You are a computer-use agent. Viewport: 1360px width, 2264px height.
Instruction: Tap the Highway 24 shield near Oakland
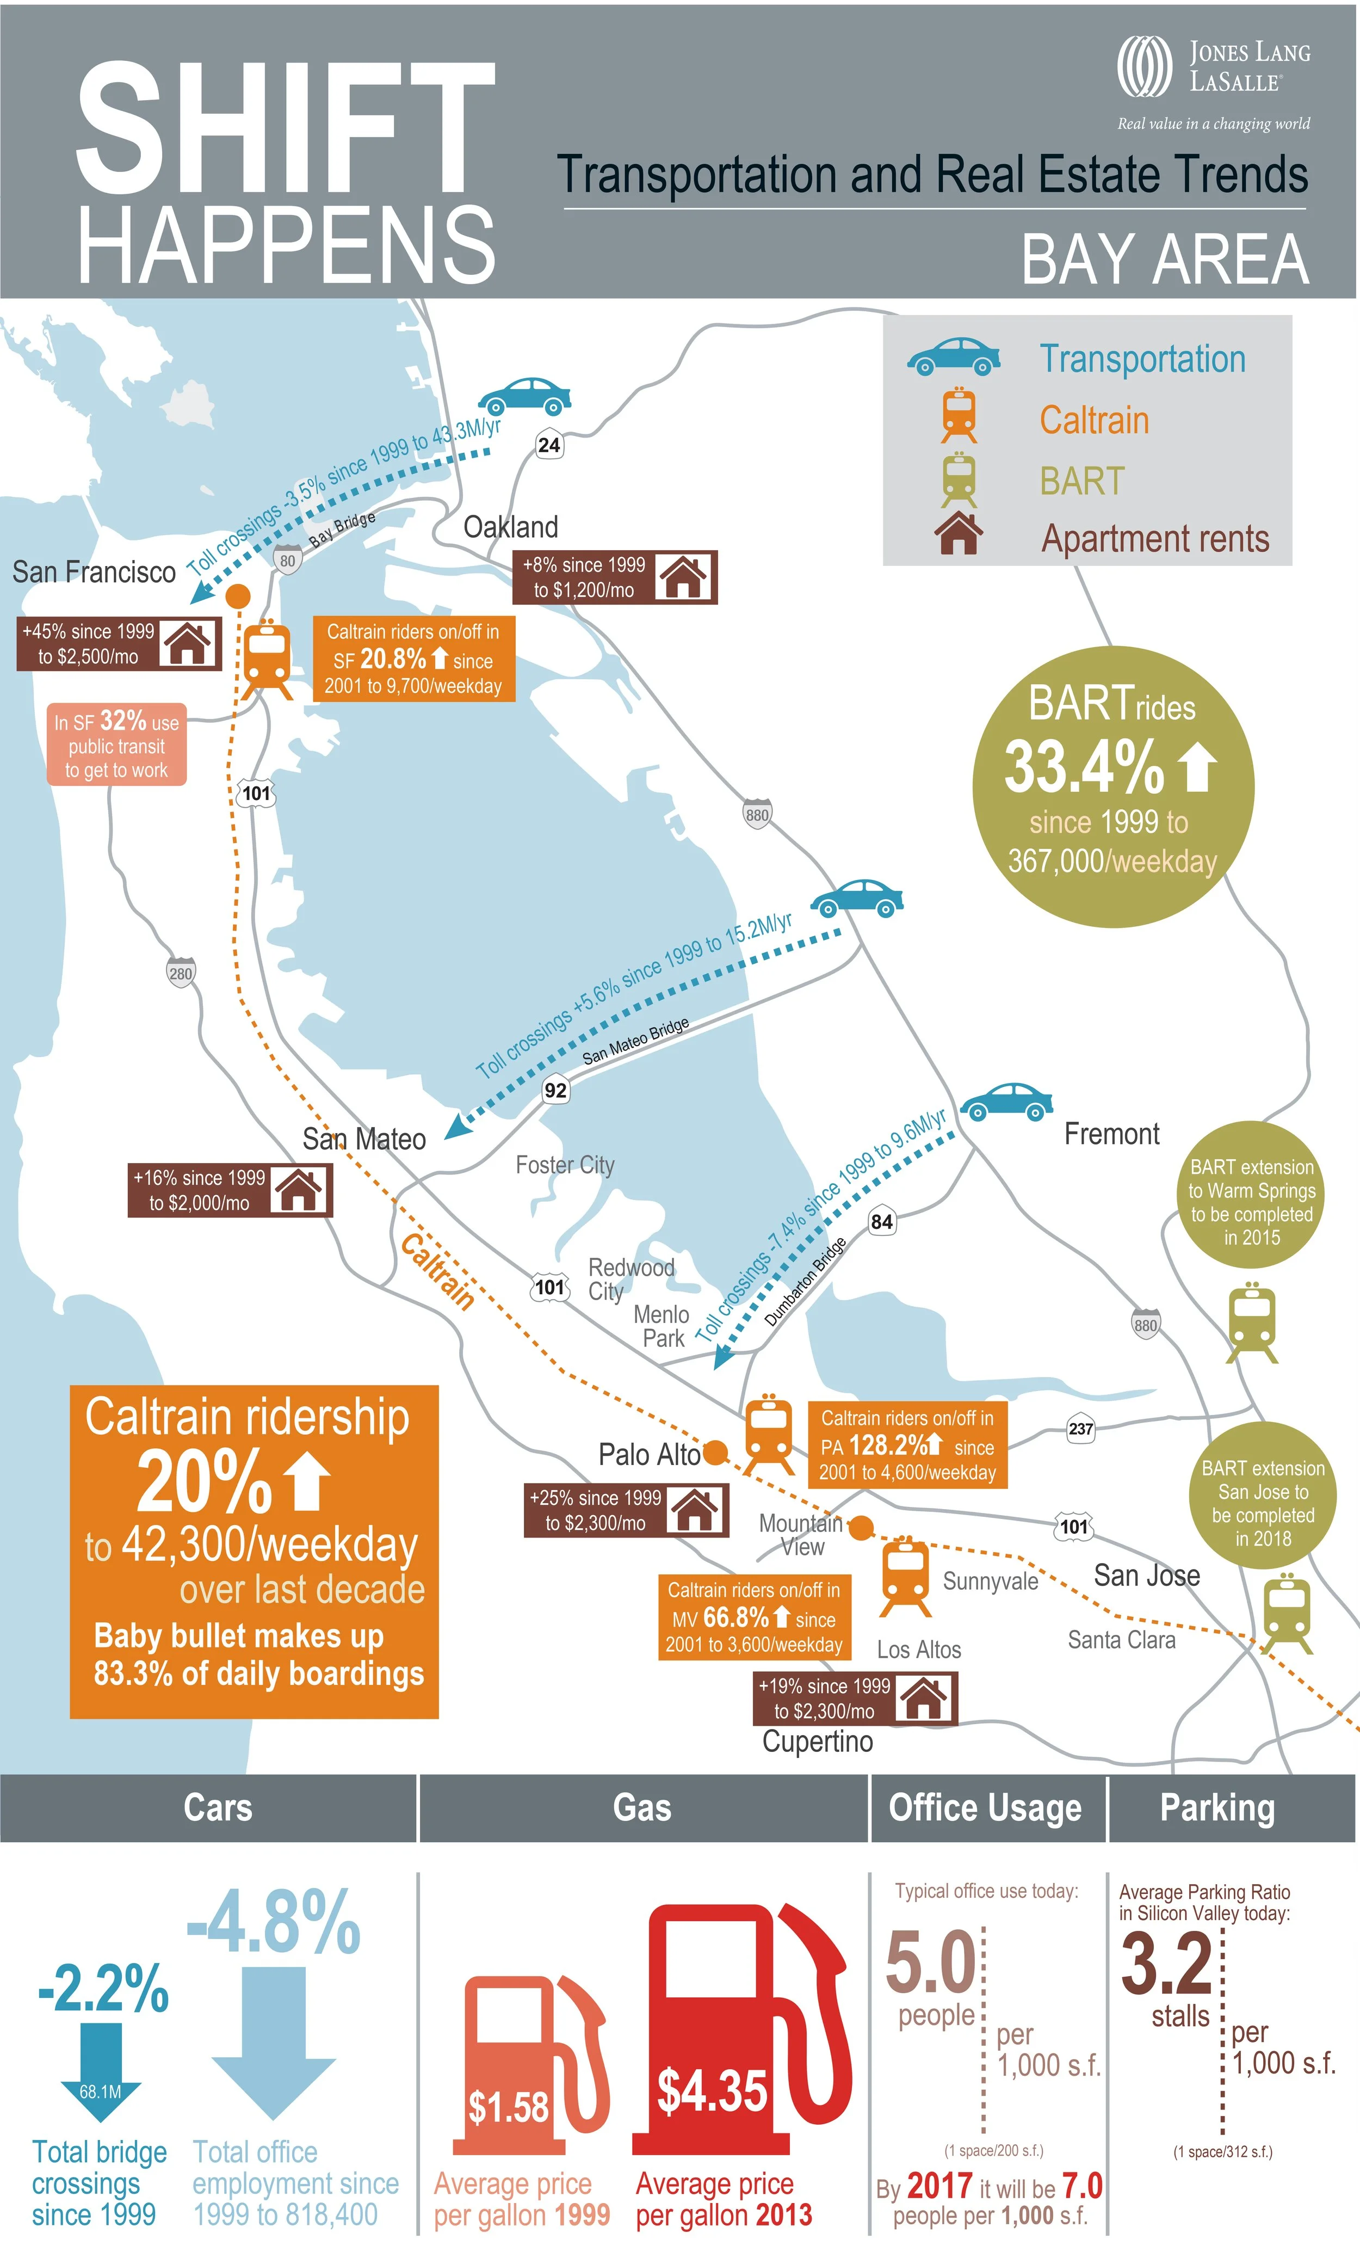point(549,446)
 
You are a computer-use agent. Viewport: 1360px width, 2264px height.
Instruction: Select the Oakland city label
point(510,527)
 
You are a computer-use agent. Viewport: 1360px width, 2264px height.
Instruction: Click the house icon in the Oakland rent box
point(684,577)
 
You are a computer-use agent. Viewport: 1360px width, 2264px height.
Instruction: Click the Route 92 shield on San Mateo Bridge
point(555,1090)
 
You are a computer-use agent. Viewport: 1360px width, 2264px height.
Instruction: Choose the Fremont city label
point(1111,1135)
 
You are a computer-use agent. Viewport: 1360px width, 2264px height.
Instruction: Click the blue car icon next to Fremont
point(1006,1103)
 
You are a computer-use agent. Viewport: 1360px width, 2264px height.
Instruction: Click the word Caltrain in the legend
point(1093,421)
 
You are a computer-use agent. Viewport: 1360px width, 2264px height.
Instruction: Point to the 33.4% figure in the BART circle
point(1084,767)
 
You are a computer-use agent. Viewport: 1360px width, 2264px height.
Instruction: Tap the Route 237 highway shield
point(1081,1428)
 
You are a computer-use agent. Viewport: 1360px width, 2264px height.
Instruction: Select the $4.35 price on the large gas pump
point(712,2091)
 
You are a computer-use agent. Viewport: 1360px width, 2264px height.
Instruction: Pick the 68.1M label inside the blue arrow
point(100,2091)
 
